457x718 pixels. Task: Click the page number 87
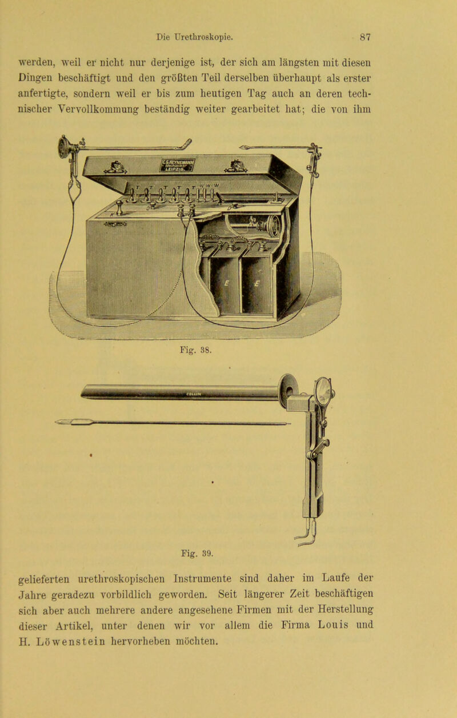[365, 37]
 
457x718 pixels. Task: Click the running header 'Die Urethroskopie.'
[195, 37]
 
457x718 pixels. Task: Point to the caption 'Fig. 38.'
[195, 350]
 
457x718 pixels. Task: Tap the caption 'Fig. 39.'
[197, 553]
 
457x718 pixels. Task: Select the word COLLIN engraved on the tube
[194, 394]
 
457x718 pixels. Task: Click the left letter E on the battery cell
[227, 283]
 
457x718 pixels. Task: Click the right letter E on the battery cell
[257, 283]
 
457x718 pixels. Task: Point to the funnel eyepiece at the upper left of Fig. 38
[63, 147]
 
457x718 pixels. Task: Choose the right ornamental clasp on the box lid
[235, 166]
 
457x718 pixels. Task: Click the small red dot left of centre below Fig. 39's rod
[91, 455]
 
